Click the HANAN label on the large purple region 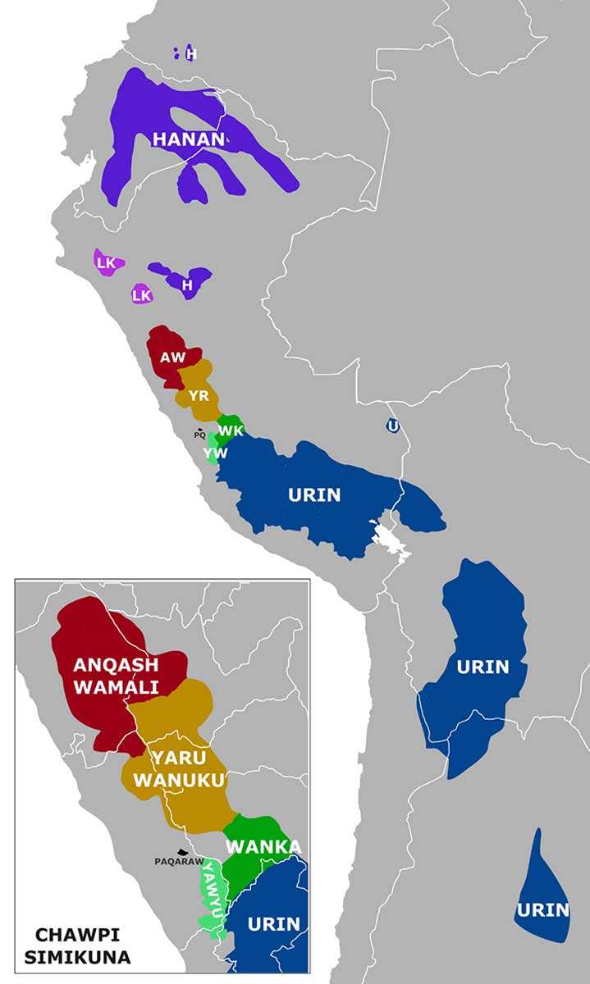click(188, 139)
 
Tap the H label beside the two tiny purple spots click(191, 54)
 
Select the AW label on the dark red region click(172, 358)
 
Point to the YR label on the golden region click(199, 396)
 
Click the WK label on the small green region click(230, 430)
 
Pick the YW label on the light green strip click(215, 453)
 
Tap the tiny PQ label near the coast click(199, 435)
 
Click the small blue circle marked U click(394, 426)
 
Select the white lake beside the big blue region click(390, 541)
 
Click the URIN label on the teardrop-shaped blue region click(542, 909)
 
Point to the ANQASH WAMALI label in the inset click(116, 676)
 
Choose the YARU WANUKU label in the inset click(178, 768)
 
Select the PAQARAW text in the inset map click(178, 862)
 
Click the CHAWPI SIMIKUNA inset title click(78, 945)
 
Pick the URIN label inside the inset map click(273, 923)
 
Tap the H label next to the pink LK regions click(187, 285)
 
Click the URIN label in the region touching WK click(314, 494)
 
